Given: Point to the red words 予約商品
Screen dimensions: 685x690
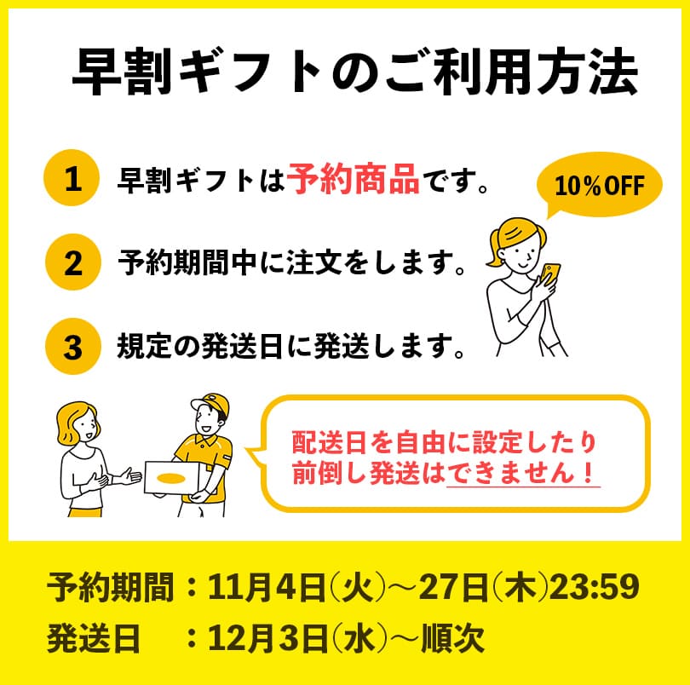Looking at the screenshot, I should point(353,180).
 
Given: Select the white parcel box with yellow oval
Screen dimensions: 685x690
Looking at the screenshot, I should point(174,478).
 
